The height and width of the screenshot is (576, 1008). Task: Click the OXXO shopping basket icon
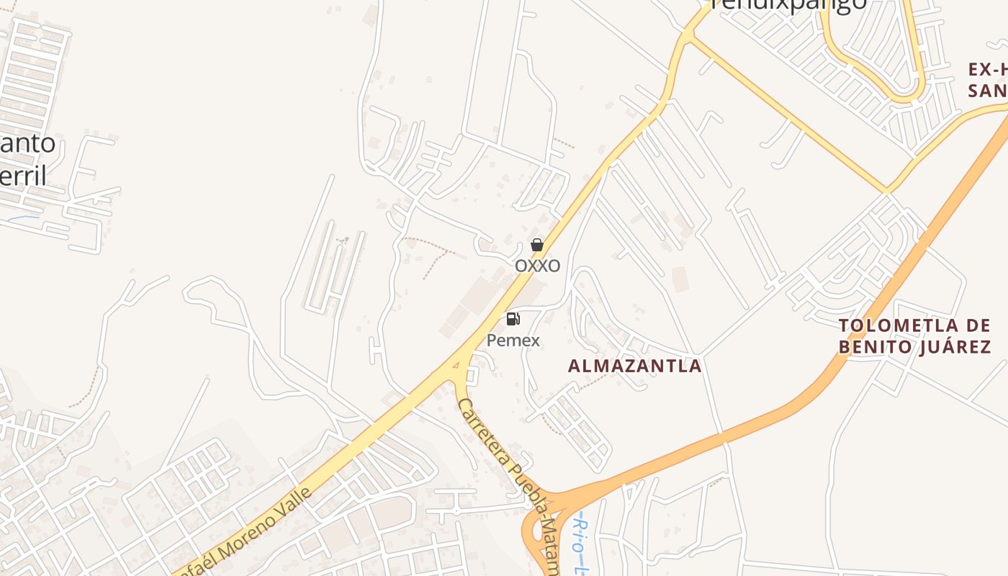point(536,245)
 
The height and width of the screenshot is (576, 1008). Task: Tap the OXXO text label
point(537,266)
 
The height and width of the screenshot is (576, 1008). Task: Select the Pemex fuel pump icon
point(513,319)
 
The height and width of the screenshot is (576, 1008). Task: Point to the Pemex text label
point(513,340)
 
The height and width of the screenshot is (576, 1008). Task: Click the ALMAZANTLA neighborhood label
point(634,366)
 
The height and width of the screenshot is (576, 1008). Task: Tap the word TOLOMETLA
point(914,325)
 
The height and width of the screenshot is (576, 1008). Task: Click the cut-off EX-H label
point(987,69)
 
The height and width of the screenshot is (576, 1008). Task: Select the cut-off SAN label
point(987,91)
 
